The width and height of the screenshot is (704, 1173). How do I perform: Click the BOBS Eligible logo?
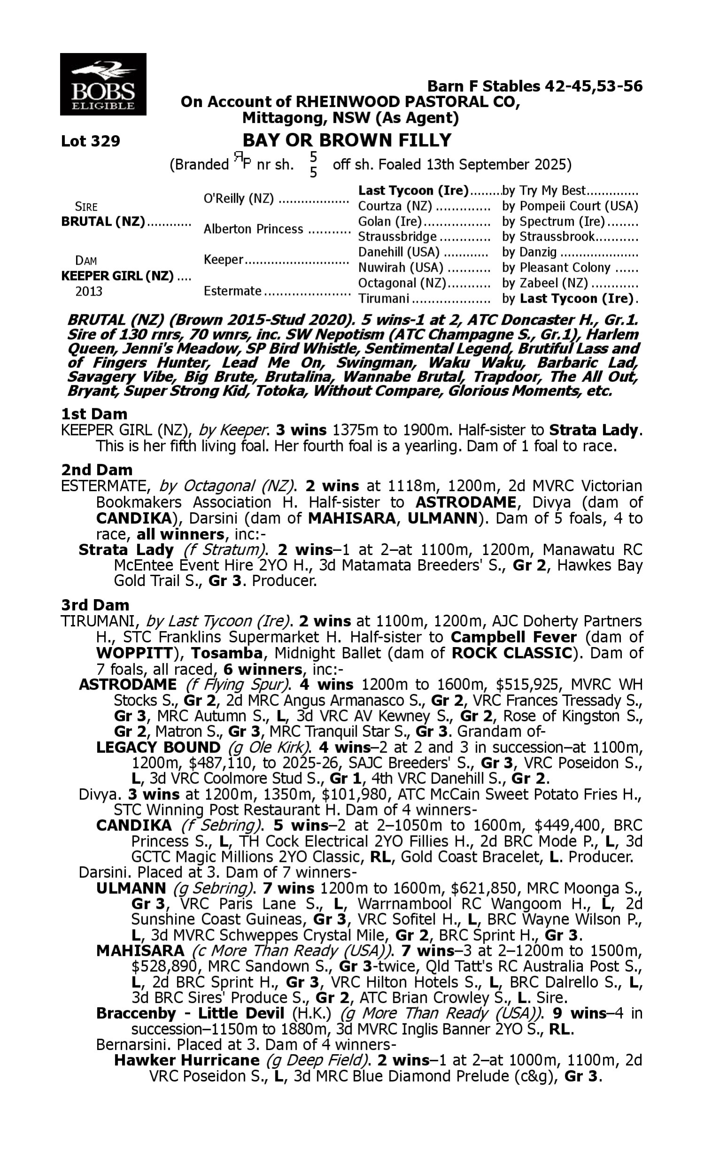(x=103, y=84)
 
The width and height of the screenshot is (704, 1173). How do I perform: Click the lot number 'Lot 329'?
(x=91, y=141)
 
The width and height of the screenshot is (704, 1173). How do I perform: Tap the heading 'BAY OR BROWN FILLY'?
(x=347, y=140)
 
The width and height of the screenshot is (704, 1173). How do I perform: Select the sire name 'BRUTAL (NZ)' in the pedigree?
(x=103, y=222)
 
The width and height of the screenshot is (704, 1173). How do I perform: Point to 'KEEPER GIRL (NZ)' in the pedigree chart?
(x=117, y=276)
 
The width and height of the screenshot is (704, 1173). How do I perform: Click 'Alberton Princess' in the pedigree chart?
(x=253, y=229)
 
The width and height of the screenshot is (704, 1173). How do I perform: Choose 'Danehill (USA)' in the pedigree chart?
(x=398, y=252)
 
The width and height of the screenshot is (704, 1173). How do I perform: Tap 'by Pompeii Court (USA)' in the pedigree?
(x=570, y=206)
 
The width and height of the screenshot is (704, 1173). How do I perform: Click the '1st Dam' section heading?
(x=94, y=414)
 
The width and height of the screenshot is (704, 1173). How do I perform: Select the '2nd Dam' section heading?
(x=97, y=470)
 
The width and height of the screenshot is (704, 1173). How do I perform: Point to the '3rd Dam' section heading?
(x=95, y=605)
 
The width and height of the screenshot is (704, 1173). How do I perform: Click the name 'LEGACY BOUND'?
(x=158, y=748)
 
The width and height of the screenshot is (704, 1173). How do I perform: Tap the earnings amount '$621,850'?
(x=482, y=888)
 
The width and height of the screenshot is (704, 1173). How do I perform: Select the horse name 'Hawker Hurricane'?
(x=186, y=1060)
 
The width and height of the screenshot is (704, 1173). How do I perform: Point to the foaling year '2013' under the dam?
(x=89, y=291)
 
